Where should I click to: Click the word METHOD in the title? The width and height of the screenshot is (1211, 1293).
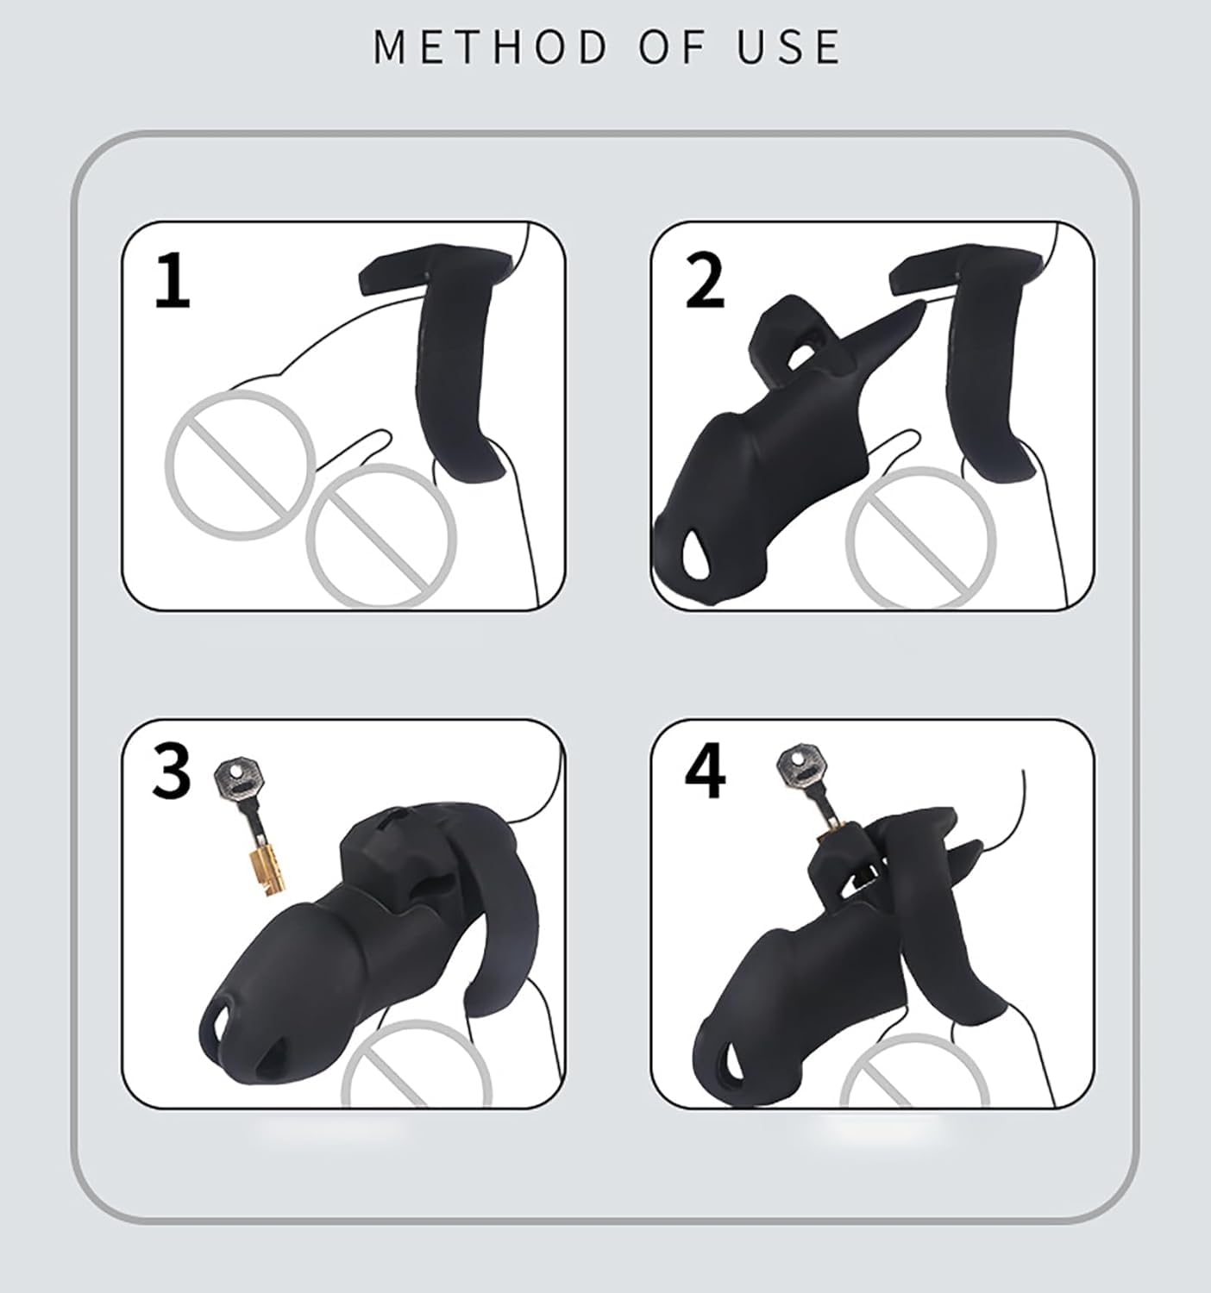489,47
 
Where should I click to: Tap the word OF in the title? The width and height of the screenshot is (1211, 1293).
671,47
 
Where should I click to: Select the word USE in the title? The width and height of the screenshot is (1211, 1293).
788,47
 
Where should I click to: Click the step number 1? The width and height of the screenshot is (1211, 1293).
173,281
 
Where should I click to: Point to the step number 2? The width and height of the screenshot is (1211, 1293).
706,281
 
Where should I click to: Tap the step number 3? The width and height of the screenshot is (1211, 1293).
172,771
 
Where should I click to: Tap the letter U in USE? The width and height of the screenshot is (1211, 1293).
752,47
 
